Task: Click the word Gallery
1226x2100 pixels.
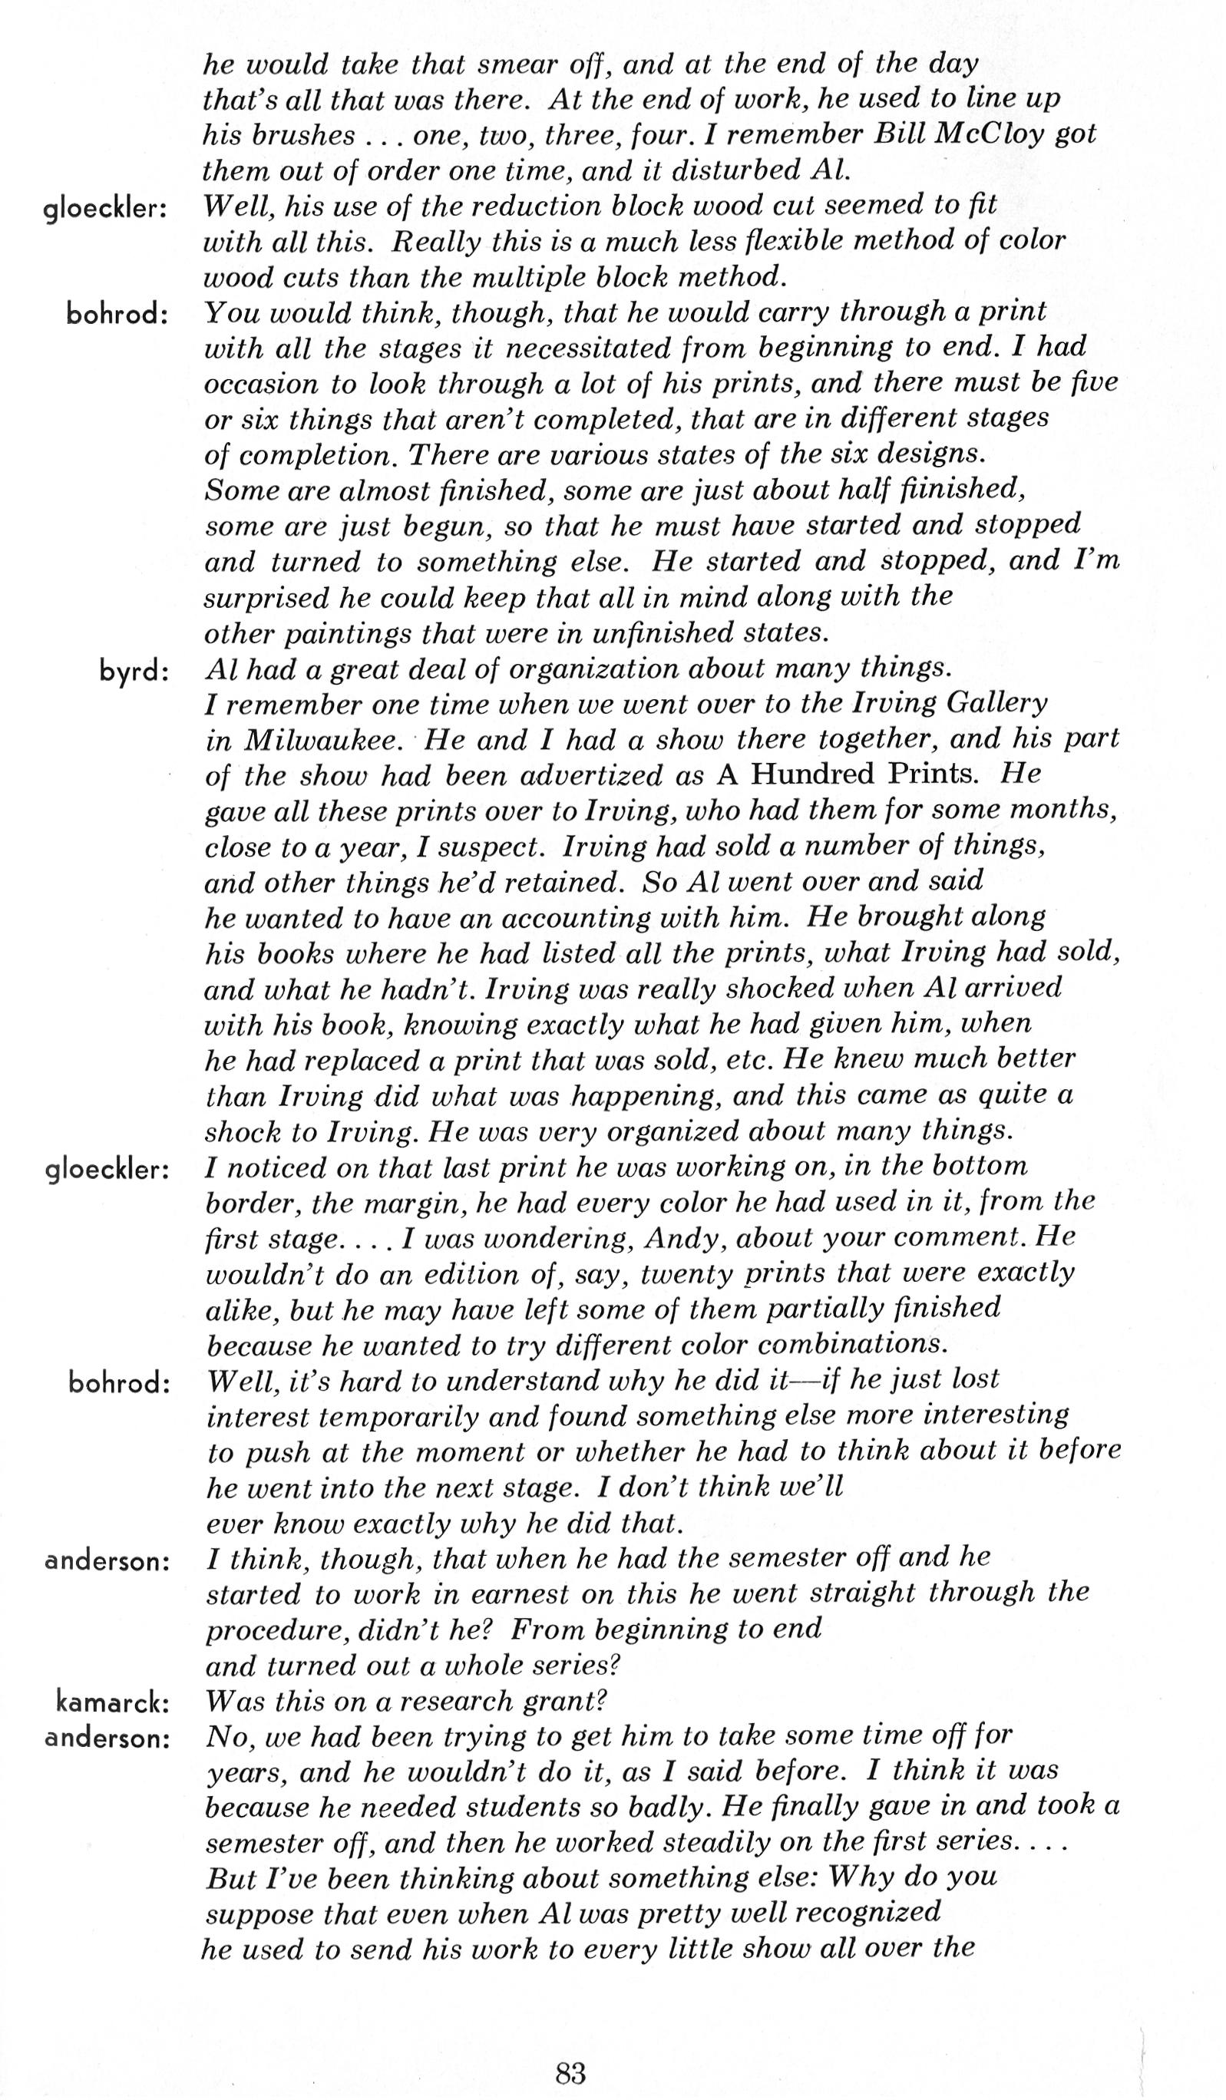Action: tap(996, 704)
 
